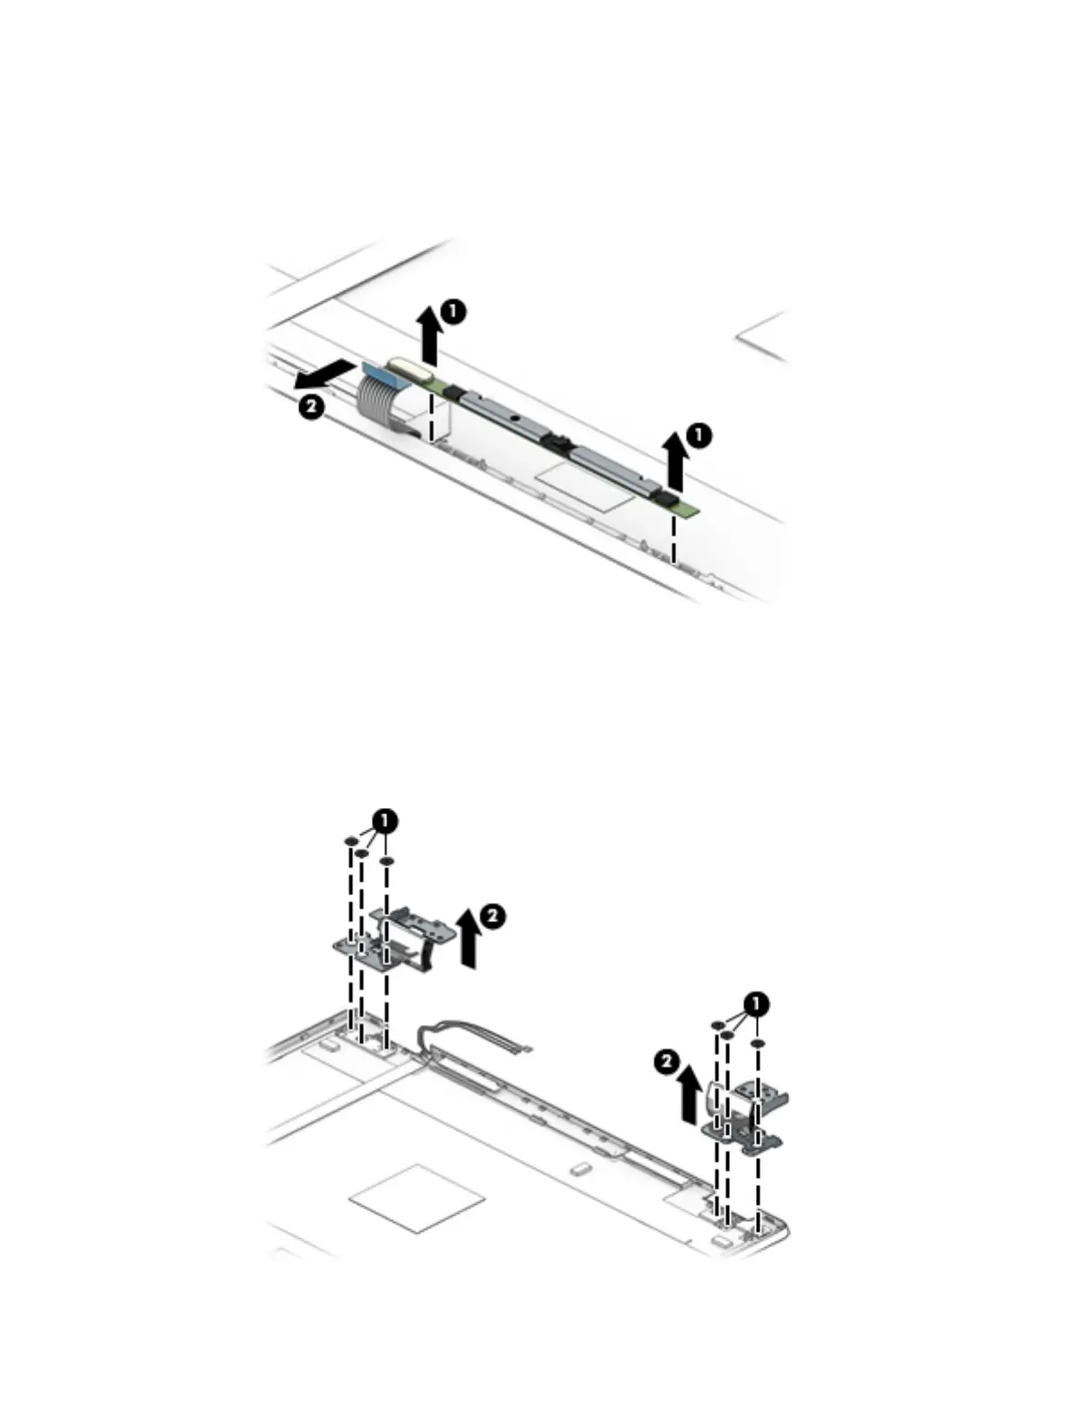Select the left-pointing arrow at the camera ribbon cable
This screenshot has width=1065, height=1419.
[x=323, y=374]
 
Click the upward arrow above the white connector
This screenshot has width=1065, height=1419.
[x=431, y=336]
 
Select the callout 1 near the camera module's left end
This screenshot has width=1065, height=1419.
[x=453, y=312]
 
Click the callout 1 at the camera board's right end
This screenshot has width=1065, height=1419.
[x=699, y=435]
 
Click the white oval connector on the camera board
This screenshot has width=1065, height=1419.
[x=408, y=365]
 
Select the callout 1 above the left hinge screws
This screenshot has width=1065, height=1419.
[x=385, y=820]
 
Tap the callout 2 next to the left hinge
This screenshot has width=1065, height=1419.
[x=493, y=916]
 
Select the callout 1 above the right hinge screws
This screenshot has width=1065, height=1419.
[x=757, y=1003]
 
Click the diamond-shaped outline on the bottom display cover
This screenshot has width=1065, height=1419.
[x=417, y=1198]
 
